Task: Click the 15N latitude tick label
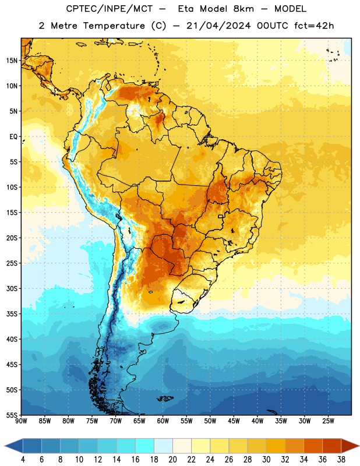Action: click(x=12, y=61)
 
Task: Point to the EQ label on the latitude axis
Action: click(x=13, y=137)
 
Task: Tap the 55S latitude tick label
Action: click(x=12, y=415)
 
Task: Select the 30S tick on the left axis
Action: click(x=12, y=288)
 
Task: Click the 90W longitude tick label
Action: click(x=22, y=421)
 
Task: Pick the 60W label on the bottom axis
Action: click(x=163, y=421)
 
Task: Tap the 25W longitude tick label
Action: click(x=328, y=421)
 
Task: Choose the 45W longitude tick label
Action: click(x=234, y=421)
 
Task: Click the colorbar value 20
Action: click(x=172, y=460)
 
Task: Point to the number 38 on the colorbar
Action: click(x=341, y=460)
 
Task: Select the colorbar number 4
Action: click(x=23, y=460)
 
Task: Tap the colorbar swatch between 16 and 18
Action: click(x=145, y=445)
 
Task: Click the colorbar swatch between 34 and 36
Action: click(x=313, y=445)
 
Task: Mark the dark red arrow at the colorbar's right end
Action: click(x=349, y=445)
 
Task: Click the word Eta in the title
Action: click(x=186, y=9)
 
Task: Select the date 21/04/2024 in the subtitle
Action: click(x=218, y=26)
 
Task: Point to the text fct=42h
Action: click(x=314, y=26)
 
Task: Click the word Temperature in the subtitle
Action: click(x=114, y=26)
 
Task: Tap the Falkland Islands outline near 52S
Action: click(x=165, y=398)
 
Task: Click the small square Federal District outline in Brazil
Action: click(x=221, y=216)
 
